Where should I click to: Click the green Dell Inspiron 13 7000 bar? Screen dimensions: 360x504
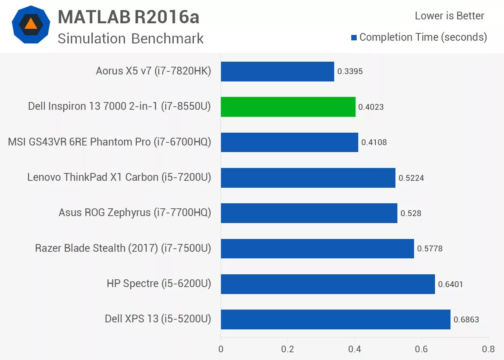(x=288, y=107)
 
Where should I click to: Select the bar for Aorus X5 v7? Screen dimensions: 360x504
(x=277, y=71)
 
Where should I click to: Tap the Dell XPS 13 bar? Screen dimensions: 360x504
(x=335, y=319)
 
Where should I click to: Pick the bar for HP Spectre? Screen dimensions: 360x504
(x=328, y=284)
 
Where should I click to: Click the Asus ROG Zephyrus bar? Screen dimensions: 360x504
(x=309, y=213)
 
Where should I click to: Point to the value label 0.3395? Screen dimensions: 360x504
(x=350, y=71)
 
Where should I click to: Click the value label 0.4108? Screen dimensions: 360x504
(x=374, y=142)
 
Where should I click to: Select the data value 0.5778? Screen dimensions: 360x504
(x=430, y=249)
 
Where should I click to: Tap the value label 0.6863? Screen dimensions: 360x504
(x=466, y=320)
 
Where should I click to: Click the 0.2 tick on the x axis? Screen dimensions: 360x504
(x=288, y=349)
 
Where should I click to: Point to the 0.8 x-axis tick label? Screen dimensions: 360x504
(x=488, y=349)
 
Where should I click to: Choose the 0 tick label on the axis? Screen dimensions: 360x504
(x=221, y=349)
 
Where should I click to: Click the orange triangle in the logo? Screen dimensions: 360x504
(x=31, y=24)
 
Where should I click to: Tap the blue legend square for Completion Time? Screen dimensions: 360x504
(x=354, y=38)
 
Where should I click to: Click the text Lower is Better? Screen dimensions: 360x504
(x=449, y=16)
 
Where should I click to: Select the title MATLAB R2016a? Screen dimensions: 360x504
(x=128, y=17)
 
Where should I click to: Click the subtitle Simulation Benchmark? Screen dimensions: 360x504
(x=131, y=38)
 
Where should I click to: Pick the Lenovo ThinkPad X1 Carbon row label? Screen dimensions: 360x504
(x=119, y=177)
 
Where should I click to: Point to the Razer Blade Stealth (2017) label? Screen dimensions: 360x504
(x=123, y=248)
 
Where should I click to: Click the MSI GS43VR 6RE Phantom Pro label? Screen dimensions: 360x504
(x=109, y=142)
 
